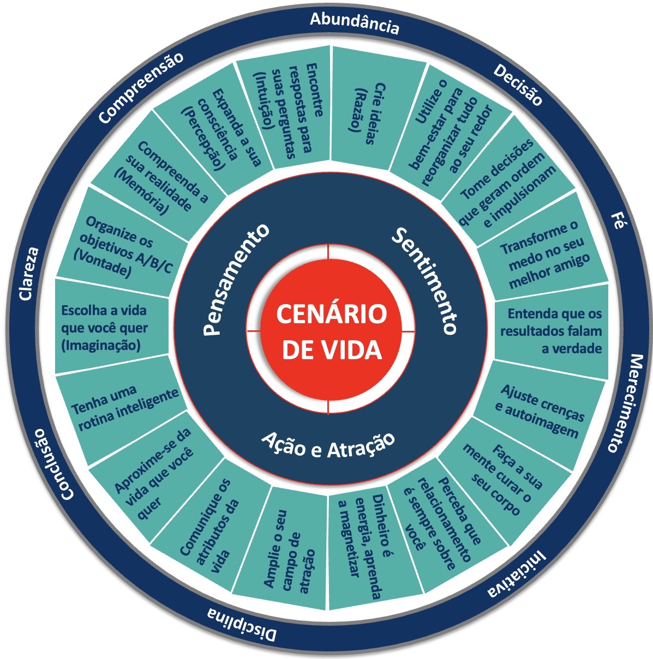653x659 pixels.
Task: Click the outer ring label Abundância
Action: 355,23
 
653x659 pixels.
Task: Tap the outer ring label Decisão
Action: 518,84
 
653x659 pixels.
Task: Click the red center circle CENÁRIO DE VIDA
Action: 328,330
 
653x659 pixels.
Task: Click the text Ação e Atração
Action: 328,444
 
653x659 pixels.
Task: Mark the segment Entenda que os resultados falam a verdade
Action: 551,330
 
